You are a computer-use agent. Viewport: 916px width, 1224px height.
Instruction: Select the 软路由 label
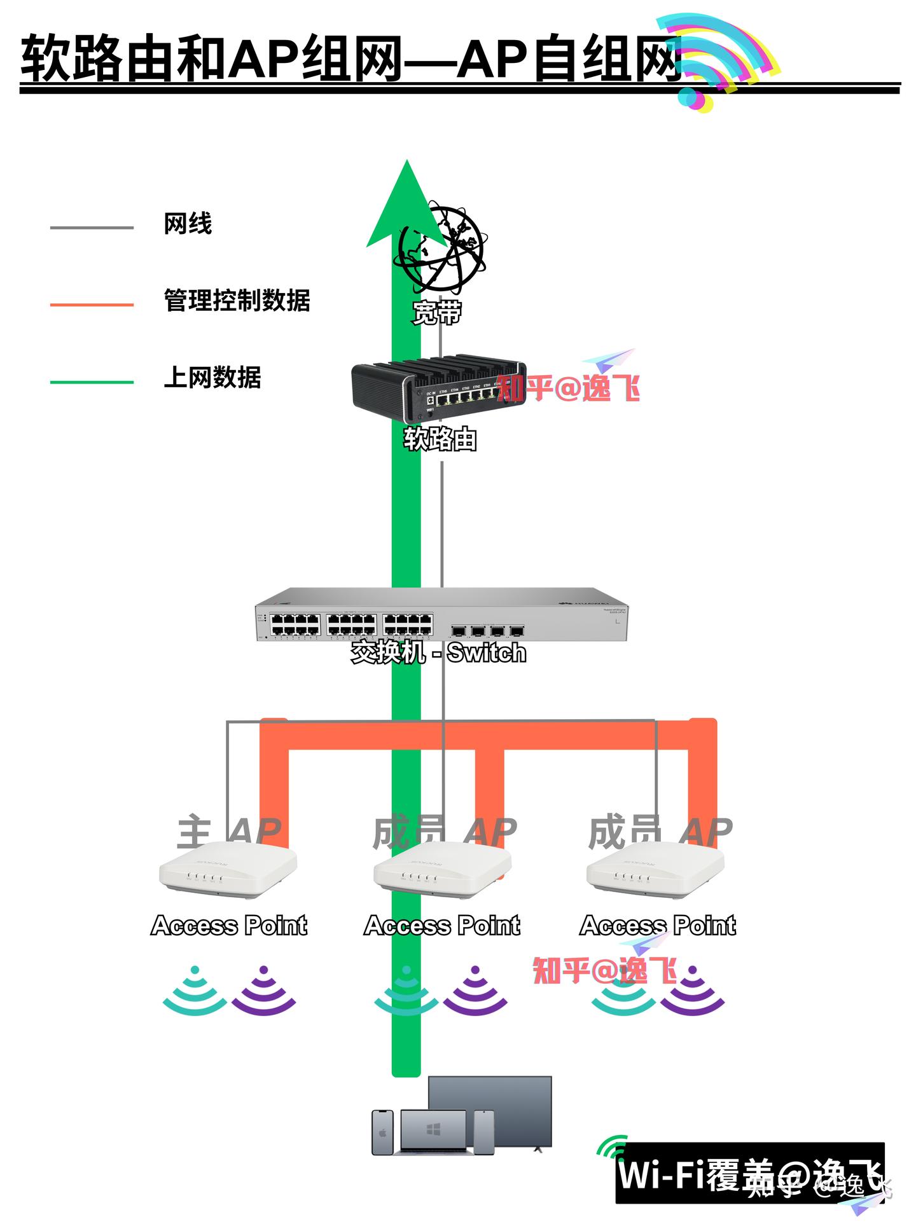pos(440,439)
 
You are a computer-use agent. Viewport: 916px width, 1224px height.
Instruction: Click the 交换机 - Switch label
pos(439,652)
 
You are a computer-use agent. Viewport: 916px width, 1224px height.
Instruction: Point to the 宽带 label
pos(436,312)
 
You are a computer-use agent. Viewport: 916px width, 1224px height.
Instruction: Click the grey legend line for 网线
pos(92,227)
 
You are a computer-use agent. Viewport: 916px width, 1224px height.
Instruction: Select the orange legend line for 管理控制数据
pos(92,305)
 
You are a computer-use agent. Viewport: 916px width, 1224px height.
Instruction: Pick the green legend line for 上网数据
pos(92,382)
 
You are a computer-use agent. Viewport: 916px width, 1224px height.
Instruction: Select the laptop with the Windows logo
pos(434,1132)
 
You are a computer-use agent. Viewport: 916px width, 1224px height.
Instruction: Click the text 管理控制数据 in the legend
pos(237,300)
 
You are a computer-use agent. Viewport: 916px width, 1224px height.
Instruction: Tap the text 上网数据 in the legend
pos(212,377)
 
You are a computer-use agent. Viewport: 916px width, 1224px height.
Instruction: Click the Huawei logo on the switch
pos(583,604)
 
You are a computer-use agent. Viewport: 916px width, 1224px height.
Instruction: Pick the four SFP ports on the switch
pos(487,631)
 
